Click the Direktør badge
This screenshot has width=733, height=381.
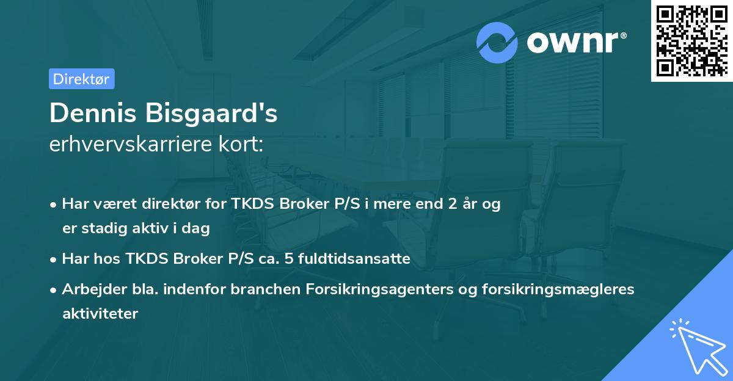(x=81, y=79)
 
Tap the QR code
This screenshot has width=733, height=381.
(x=691, y=41)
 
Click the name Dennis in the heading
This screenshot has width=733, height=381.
(x=95, y=113)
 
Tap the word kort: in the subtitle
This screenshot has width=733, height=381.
(x=243, y=145)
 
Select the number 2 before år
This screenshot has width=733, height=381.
(x=452, y=204)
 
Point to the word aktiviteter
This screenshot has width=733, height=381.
(x=100, y=314)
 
